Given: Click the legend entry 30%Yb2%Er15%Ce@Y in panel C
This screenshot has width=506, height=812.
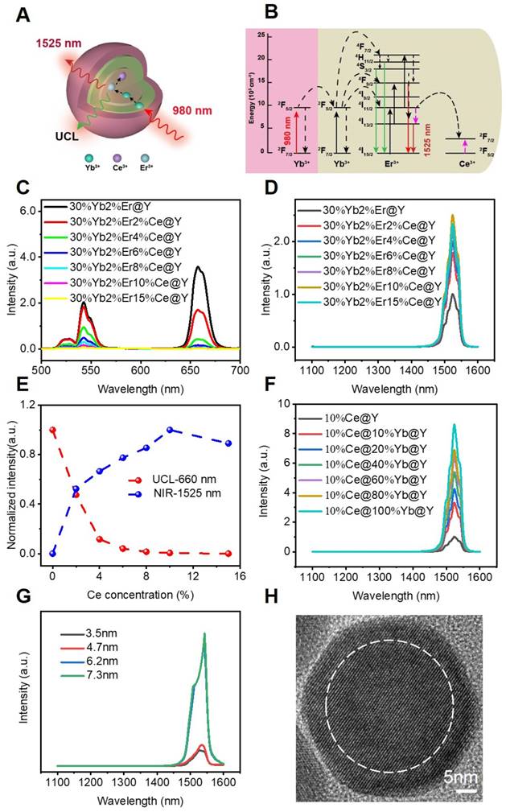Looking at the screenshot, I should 126,301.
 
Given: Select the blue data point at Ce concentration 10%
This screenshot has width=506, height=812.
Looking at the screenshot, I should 170,430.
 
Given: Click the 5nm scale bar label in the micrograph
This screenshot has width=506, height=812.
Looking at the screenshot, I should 462,777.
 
